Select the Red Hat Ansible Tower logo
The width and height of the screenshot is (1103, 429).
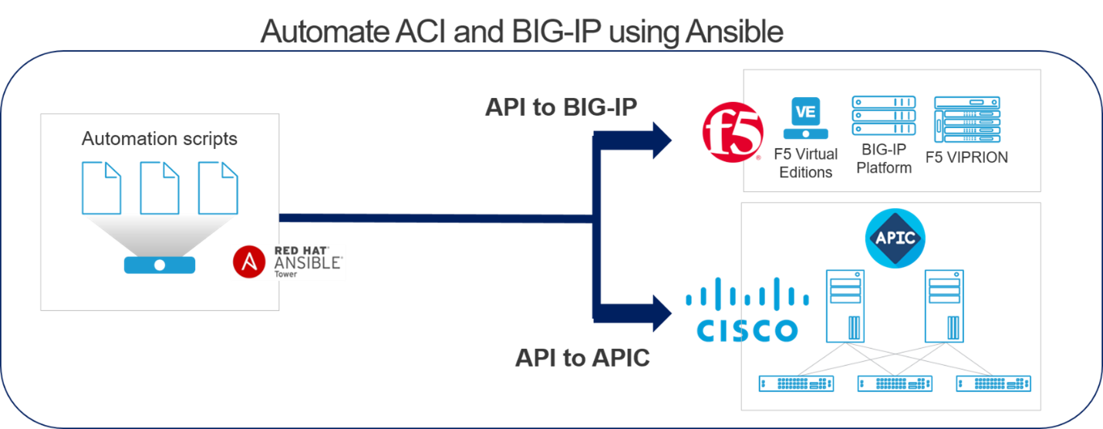288,262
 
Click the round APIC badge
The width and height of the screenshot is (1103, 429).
894,238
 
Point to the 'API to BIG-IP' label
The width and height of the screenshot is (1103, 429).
561,107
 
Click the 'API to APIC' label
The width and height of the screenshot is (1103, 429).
582,358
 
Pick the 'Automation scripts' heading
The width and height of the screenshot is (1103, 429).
159,139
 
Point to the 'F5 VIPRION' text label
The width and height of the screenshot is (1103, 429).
966,157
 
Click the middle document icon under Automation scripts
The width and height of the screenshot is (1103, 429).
160,187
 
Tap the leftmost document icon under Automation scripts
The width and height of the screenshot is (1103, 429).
102,187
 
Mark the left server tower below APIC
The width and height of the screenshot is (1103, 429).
845,305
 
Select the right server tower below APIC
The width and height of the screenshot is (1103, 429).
945,305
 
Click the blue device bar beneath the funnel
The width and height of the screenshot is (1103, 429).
160,265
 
